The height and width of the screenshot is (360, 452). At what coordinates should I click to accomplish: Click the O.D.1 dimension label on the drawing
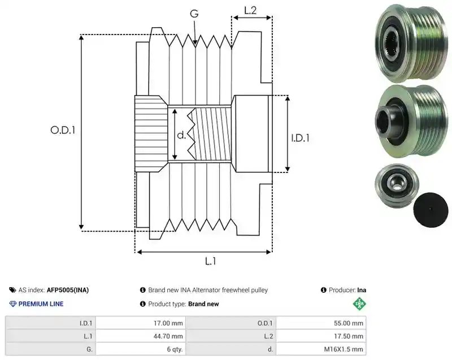[x=63, y=131]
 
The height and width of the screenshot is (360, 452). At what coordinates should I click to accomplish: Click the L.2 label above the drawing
[x=250, y=11]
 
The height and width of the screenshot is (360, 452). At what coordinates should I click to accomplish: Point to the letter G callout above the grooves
[x=194, y=14]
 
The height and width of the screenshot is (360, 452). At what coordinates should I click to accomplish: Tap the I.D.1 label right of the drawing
[x=300, y=138]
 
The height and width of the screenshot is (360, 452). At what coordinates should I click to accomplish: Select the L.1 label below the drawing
[x=210, y=261]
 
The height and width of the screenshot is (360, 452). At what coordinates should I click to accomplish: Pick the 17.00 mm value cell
[x=168, y=323]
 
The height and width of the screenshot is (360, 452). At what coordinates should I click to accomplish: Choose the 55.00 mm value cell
[x=349, y=323]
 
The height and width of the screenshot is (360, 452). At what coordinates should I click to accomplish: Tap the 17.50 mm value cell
[x=349, y=336]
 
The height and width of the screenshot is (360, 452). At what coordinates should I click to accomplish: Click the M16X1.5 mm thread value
[x=344, y=349]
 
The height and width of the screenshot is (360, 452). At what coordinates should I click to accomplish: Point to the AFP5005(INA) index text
[x=68, y=290]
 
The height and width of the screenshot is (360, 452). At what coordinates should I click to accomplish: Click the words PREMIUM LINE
[x=41, y=304]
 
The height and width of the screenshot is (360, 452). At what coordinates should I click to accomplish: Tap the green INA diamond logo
[x=359, y=303]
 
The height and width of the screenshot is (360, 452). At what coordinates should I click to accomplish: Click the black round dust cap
[x=431, y=210]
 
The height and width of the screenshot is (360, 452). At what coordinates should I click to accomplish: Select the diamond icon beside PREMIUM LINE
[x=13, y=304]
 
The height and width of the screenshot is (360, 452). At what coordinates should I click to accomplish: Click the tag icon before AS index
[x=12, y=290]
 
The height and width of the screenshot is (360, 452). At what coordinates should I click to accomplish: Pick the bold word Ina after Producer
[x=362, y=290]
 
